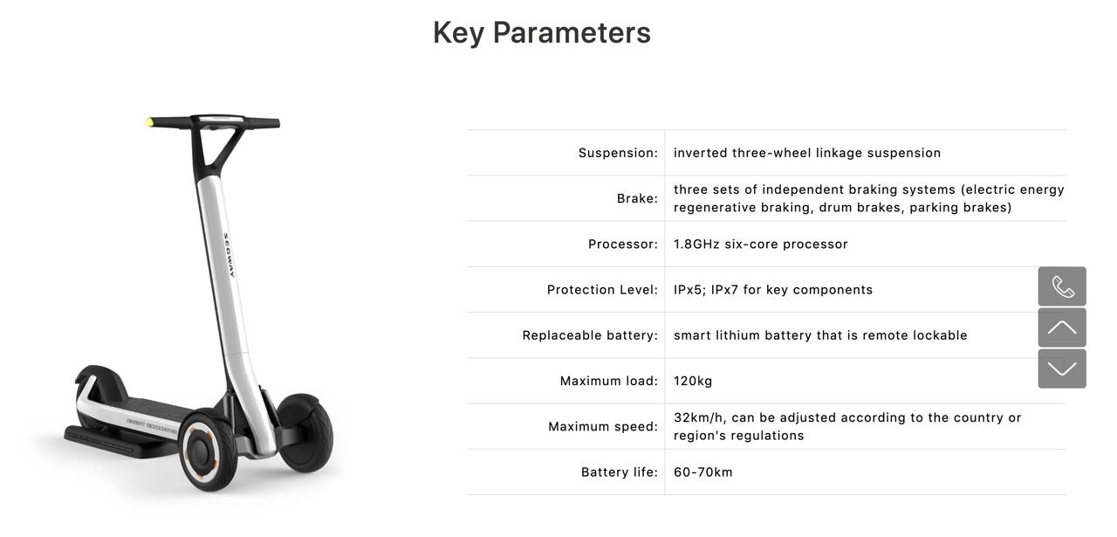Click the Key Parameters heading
[542, 33]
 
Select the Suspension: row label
[619, 153]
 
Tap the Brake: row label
[637, 198]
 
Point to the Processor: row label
[623, 244]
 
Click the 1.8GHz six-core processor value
[760, 244]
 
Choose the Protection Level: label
[602, 290]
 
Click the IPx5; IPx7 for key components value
[773, 290]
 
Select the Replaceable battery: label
[591, 335]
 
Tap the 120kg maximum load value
[693, 382]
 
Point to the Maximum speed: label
[603, 427]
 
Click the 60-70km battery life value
[703, 472]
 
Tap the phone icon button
[1062, 286]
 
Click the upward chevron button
[1062, 327]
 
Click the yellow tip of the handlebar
[149, 122]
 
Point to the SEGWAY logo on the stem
[229, 255]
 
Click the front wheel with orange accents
[206, 451]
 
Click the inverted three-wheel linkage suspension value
[807, 153]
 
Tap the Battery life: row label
[620, 472]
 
